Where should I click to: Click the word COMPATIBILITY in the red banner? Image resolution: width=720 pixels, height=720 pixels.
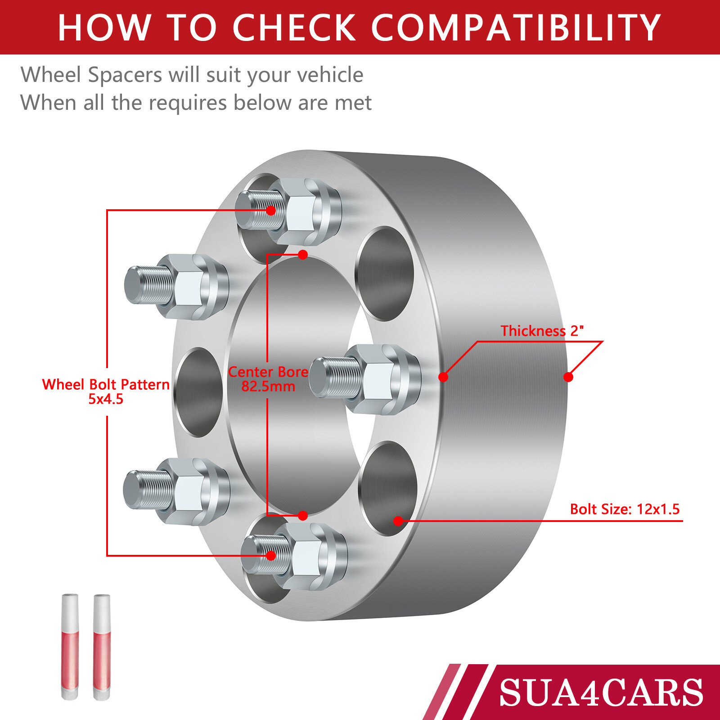pyautogui.click(x=515, y=28)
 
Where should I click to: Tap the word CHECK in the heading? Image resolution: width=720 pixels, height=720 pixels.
pyautogui.click(x=294, y=28)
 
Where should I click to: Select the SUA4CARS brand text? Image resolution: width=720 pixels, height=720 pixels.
pyautogui.click(x=601, y=693)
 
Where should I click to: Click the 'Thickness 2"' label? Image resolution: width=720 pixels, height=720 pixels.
pyautogui.click(x=542, y=331)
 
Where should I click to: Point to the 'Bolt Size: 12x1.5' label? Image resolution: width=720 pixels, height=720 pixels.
pyautogui.click(x=625, y=509)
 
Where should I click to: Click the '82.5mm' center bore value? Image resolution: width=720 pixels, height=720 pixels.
pyautogui.click(x=268, y=387)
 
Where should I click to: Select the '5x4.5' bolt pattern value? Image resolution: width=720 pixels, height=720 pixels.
pyautogui.click(x=106, y=399)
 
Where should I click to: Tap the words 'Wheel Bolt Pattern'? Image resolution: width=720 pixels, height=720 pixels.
pyautogui.click(x=106, y=384)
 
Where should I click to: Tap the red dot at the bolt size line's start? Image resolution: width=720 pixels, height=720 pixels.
pyautogui.click(x=398, y=521)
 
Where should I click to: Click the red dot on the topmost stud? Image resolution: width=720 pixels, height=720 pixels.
pyautogui.click(x=271, y=210)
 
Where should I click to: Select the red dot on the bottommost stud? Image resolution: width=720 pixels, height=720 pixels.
pyautogui.click(x=271, y=556)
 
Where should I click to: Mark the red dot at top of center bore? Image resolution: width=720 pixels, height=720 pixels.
pyautogui.click(x=303, y=255)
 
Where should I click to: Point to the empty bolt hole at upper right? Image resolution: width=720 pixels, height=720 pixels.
pyautogui.click(x=385, y=274)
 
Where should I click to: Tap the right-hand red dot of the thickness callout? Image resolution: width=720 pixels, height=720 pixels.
pyautogui.click(x=568, y=377)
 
